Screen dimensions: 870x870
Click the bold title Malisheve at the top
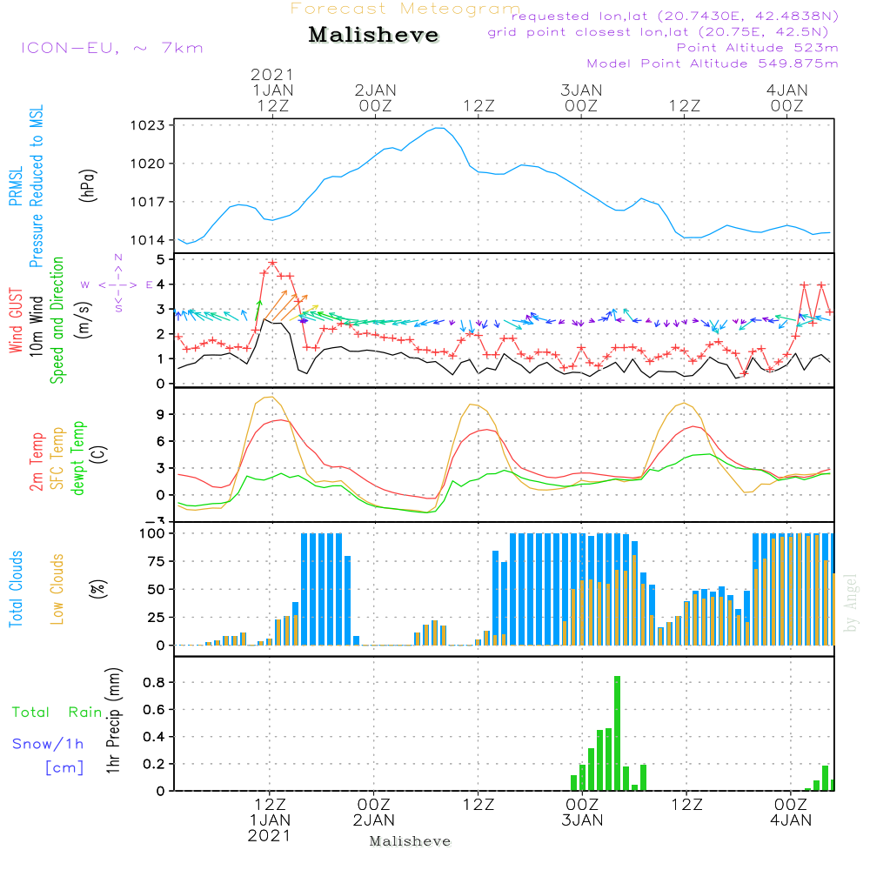[373, 35]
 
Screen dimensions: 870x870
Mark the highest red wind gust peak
[272, 263]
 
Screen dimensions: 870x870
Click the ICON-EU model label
[111, 47]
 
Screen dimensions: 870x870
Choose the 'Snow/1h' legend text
[49, 744]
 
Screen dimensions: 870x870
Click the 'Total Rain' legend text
[57, 713]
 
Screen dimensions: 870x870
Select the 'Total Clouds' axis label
[17, 588]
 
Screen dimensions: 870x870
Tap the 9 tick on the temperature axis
[159, 415]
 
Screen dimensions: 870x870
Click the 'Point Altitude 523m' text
[757, 47]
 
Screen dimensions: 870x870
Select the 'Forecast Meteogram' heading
[405, 9]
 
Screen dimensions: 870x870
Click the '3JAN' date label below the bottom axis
[582, 820]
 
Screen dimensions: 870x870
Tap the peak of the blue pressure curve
[441, 128]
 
